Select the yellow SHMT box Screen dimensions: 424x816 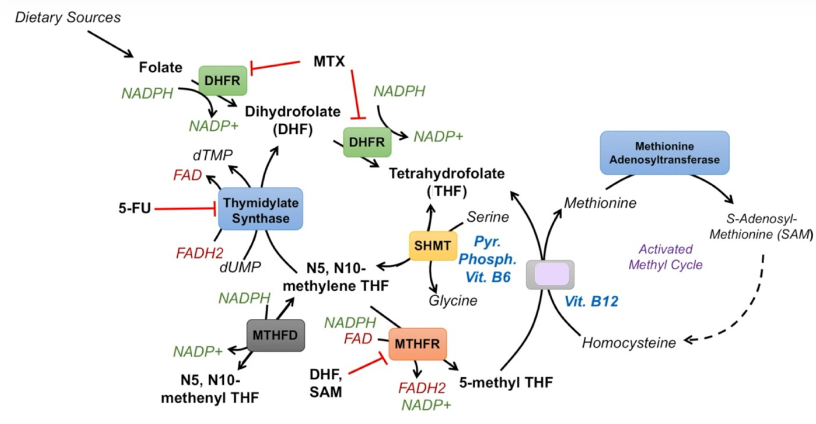[433, 246]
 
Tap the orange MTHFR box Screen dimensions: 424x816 [417, 344]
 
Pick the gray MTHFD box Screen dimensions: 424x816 [275, 335]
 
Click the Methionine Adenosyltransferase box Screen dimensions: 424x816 [664, 153]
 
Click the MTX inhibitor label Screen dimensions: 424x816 [329, 62]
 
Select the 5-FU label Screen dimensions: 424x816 [134, 208]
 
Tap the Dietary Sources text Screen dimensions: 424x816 [68, 17]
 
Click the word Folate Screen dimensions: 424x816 [160, 67]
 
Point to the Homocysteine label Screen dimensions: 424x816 [629, 343]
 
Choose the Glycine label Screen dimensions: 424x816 [453, 301]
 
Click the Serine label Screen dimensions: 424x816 [488, 217]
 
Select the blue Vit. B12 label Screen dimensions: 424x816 [591, 302]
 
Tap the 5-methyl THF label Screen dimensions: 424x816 [506, 383]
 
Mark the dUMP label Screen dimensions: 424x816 [240, 268]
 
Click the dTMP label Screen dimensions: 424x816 [213, 155]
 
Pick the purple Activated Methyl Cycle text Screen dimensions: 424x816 [665, 257]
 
